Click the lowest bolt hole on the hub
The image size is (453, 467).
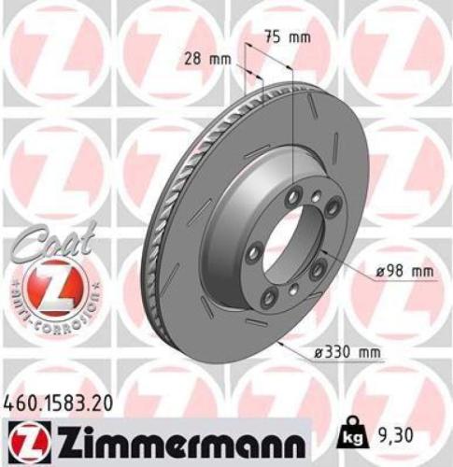[x=271, y=297]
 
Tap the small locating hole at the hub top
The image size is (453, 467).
[x=319, y=198]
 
